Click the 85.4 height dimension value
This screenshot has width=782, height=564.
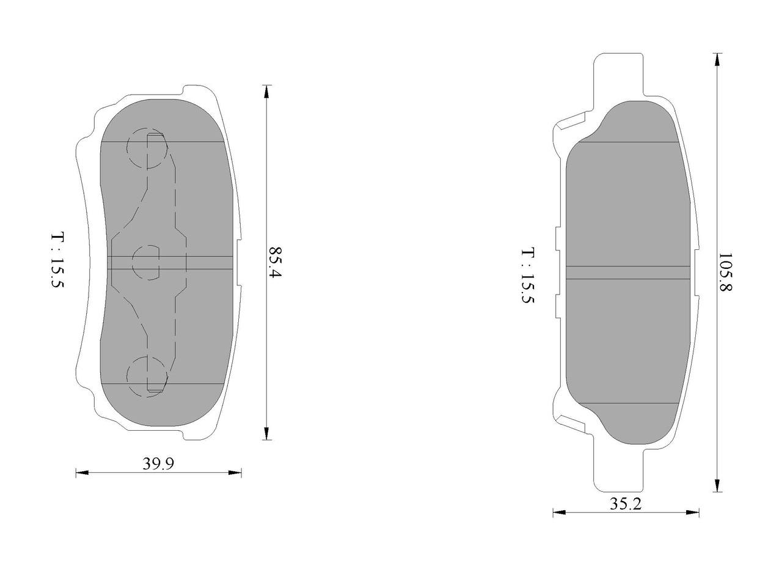pos(275,262)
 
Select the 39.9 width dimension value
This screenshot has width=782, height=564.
pos(158,464)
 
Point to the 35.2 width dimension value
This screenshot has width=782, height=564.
pos(626,504)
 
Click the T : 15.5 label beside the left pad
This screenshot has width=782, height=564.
pos(57,260)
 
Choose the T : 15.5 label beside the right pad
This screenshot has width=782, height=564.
pos(528,276)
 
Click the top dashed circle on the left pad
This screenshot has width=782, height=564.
pos(147,148)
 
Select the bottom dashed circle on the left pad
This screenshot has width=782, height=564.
pos(147,376)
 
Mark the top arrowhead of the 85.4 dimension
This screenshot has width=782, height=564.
pos(267,92)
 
